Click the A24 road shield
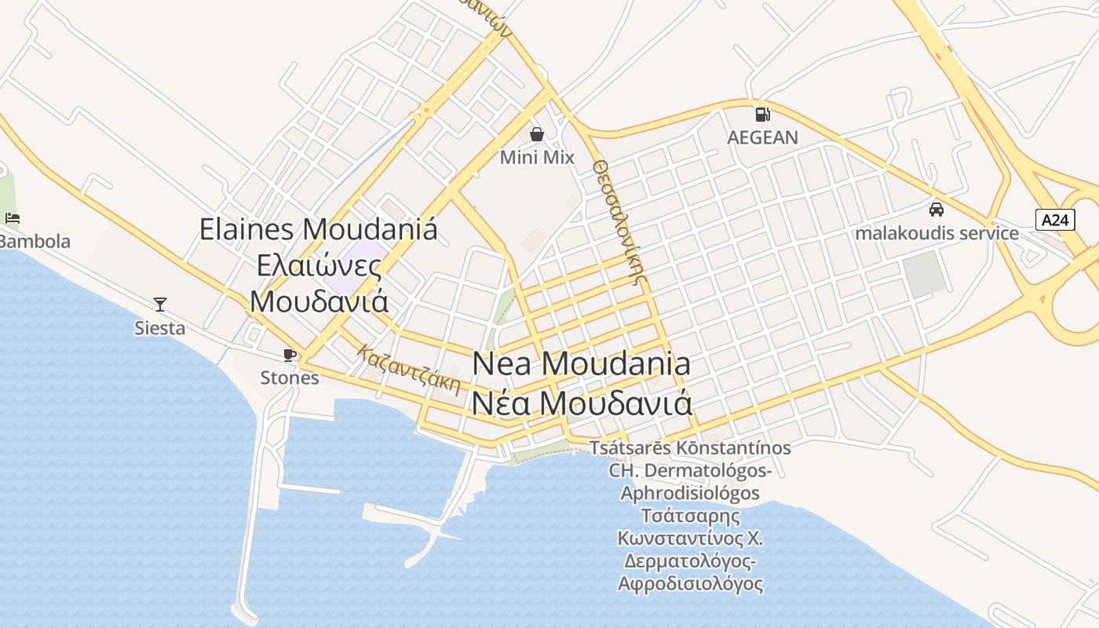click(1055, 220)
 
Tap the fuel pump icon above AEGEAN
click(762, 115)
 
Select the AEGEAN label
click(762, 137)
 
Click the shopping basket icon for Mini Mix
click(537, 134)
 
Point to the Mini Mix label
click(537, 158)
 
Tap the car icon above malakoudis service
click(937, 210)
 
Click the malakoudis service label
click(937, 233)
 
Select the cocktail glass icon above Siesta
click(160, 304)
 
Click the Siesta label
click(160, 328)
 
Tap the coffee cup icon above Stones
click(290, 355)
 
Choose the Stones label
click(290, 378)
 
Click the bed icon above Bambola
click(12, 217)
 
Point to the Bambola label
click(35, 241)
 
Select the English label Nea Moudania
click(582, 364)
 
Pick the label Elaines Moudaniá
click(318, 229)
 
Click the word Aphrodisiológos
click(690, 493)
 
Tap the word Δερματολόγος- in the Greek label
click(690, 562)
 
